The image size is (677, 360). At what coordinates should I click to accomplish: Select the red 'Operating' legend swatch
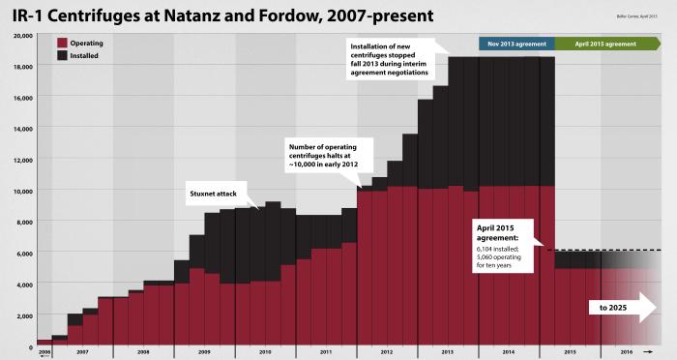[x=62, y=44]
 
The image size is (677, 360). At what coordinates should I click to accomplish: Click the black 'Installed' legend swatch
[x=62, y=56]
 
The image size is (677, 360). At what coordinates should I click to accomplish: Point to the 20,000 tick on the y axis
[x=20, y=36]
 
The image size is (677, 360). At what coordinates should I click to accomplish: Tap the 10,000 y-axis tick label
[x=20, y=192]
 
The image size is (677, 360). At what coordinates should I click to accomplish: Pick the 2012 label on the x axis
[x=386, y=353]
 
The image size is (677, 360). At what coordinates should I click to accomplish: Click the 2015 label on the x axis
[x=570, y=353]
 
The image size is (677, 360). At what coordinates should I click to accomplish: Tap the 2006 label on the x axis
[x=44, y=353]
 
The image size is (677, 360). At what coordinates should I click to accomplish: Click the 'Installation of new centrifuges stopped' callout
[x=393, y=59]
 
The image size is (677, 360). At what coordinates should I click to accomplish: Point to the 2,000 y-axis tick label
[x=22, y=315]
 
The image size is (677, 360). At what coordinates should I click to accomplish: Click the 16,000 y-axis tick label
[x=20, y=98]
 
